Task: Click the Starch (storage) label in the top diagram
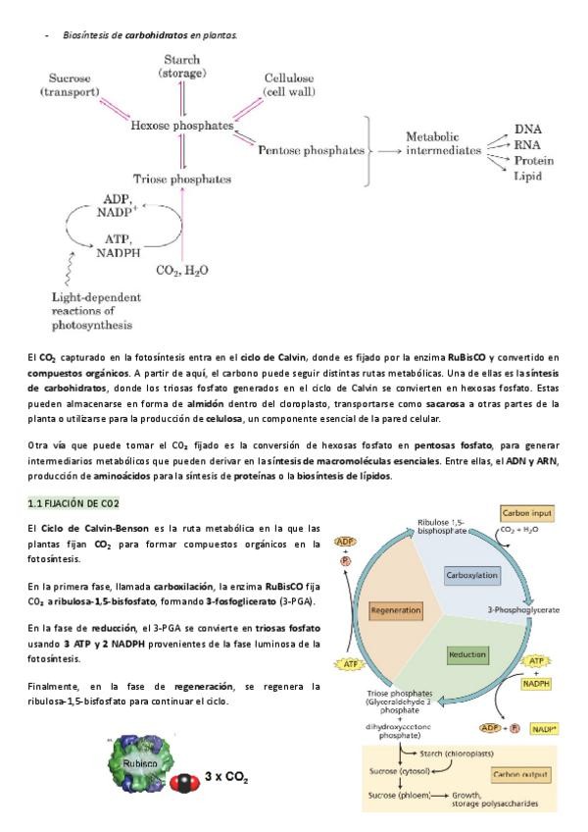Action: pyautogui.click(x=182, y=67)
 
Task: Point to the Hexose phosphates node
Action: pyautogui.click(x=182, y=126)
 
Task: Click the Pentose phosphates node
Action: pyautogui.click(x=312, y=150)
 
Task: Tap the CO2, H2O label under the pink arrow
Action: pyautogui.click(x=182, y=270)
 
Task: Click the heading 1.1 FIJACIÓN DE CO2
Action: pyautogui.click(x=73, y=503)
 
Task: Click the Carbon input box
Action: pyautogui.click(x=527, y=513)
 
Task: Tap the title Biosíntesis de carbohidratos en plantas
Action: pyautogui.click(x=149, y=34)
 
